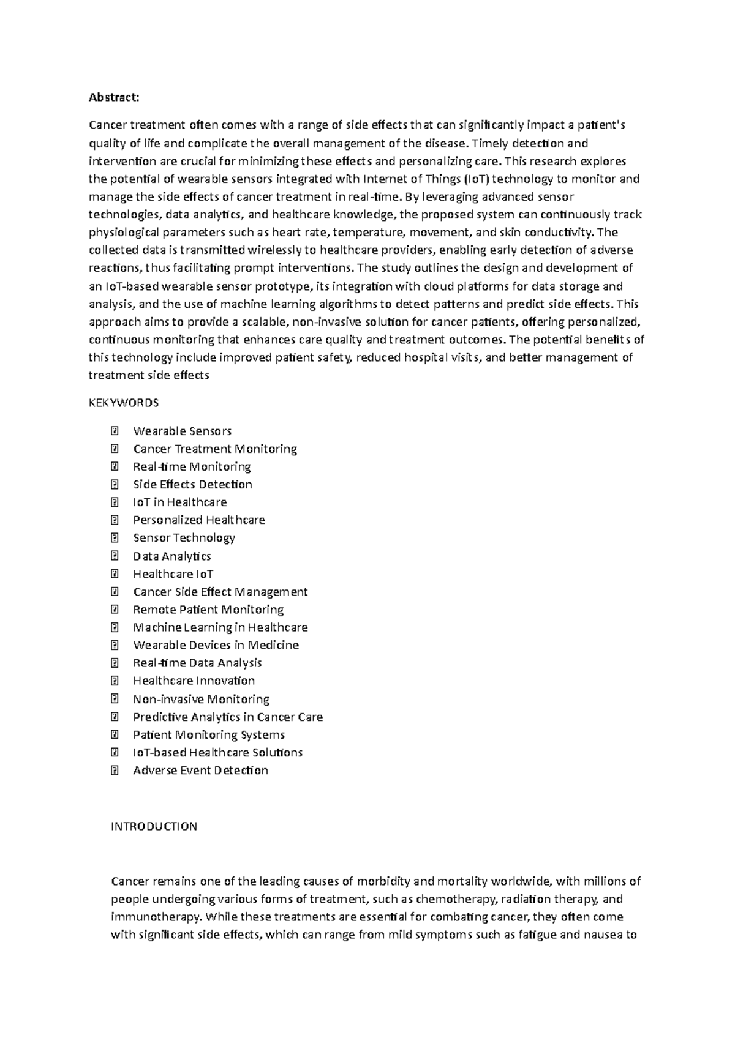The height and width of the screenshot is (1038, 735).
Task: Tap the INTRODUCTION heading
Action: pyautogui.click(x=154, y=826)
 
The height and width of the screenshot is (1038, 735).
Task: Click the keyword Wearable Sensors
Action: pyautogui.click(x=182, y=431)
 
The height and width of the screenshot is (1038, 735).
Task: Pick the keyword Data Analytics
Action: pyautogui.click(x=171, y=556)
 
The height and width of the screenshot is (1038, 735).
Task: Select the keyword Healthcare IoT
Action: pyautogui.click(x=173, y=574)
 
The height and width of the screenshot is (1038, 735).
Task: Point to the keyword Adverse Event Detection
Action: pyautogui.click(x=200, y=771)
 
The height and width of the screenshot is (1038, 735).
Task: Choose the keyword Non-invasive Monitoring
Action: pyautogui.click(x=201, y=699)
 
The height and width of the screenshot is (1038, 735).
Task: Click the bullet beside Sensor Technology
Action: pyautogui.click(x=114, y=538)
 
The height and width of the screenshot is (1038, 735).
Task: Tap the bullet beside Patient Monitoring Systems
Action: pyautogui.click(x=114, y=734)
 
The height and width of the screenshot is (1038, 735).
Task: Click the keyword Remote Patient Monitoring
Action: pyautogui.click(x=208, y=610)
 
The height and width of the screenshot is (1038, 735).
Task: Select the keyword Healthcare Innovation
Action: pyautogui.click(x=194, y=681)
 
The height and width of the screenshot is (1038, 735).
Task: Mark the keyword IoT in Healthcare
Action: pyautogui.click(x=179, y=502)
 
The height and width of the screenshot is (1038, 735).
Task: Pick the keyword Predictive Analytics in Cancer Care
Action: pyautogui.click(x=227, y=717)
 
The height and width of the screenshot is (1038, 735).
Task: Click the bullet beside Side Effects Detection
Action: pyautogui.click(x=114, y=485)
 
